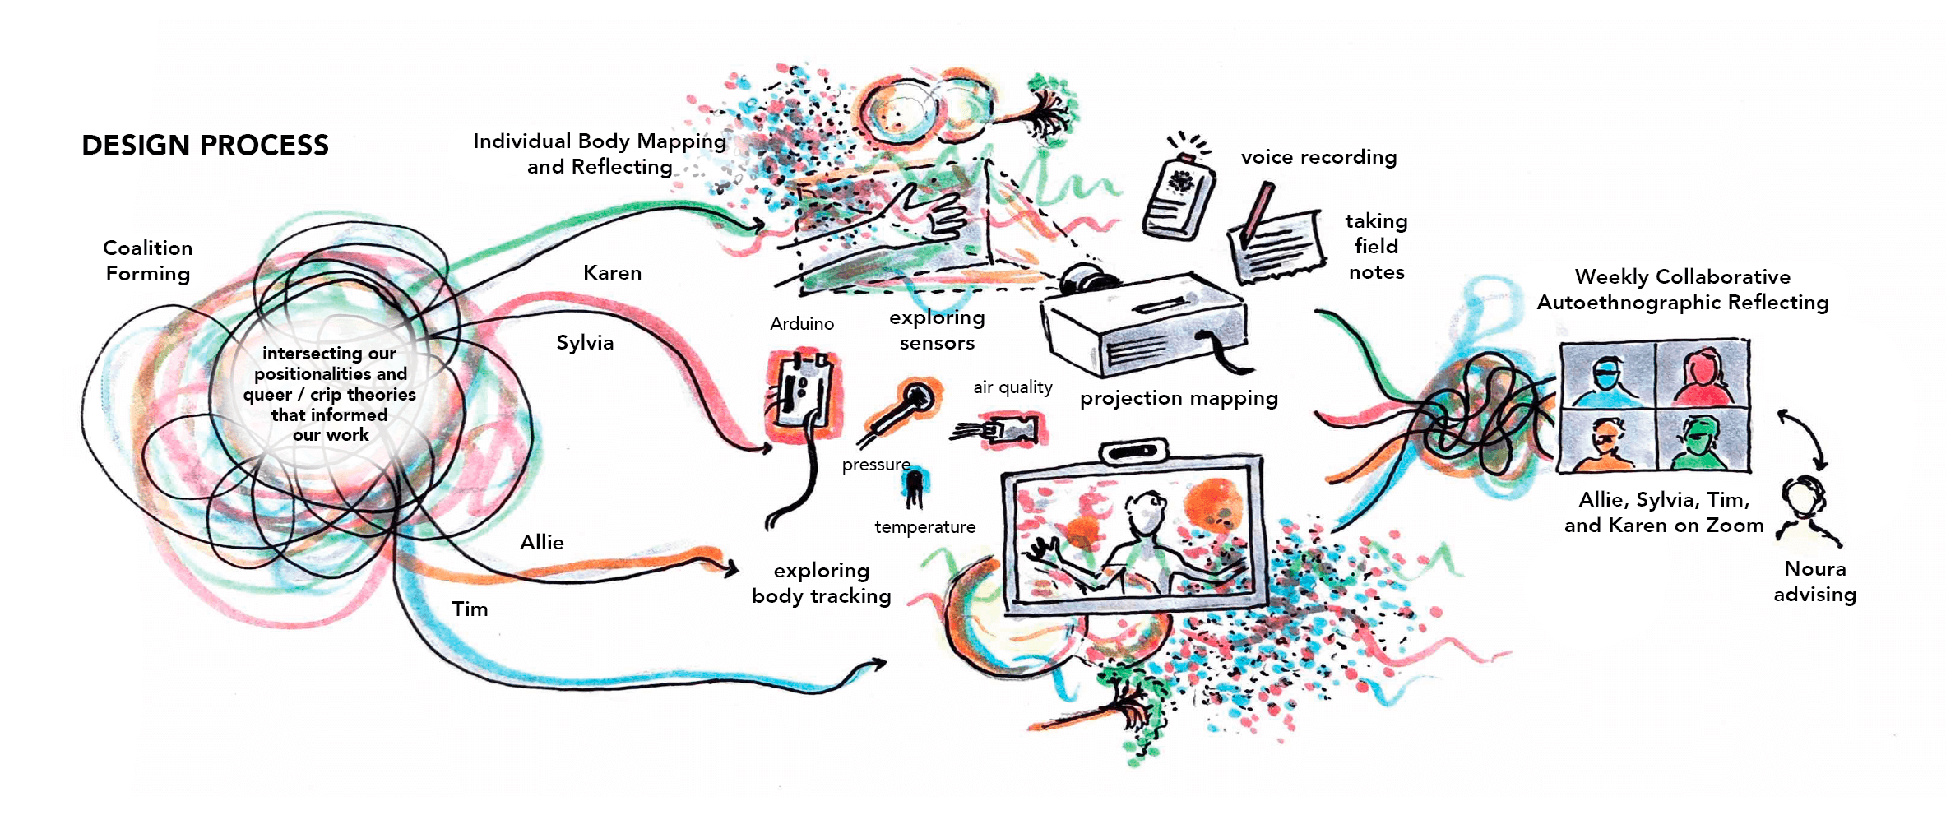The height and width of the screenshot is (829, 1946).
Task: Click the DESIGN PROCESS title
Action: coord(205,146)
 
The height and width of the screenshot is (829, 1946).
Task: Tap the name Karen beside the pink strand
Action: coord(612,273)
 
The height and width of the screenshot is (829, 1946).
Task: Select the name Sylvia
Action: coord(585,343)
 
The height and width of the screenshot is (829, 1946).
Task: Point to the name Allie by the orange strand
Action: coord(542,543)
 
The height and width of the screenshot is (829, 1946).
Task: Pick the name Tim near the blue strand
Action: coord(470,609)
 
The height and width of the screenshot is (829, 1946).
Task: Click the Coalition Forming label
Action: coord(148,261)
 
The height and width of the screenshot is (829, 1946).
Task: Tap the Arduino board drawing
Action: coord(803,393)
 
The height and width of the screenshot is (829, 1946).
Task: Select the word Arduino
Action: coord(802,324)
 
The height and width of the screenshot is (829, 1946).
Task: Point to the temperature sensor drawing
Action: coord(915,486)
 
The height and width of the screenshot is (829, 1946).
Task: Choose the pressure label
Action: coord(875,465)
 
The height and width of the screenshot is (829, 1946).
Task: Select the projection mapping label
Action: coord(1179,399)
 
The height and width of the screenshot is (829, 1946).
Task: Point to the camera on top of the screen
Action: coord(1134,452)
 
